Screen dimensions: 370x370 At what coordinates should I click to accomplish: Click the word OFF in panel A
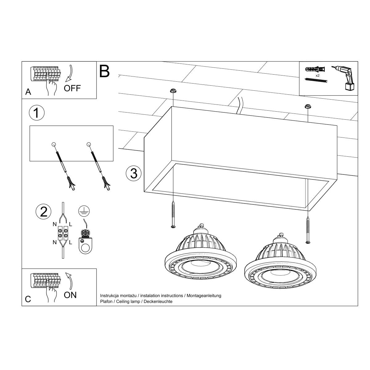(x=72, y=88)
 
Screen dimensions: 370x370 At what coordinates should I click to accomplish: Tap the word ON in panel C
(x=70, y=295)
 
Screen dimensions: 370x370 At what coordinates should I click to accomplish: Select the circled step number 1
(x=36, y=113)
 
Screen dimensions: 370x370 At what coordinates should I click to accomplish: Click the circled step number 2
(x=43, y=212)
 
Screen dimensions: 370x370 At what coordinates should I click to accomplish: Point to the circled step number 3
(x=134, y=174)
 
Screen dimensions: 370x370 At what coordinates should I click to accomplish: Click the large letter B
(x=105, y=71)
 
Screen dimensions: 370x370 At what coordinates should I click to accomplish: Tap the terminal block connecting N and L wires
(x=63, y=233)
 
